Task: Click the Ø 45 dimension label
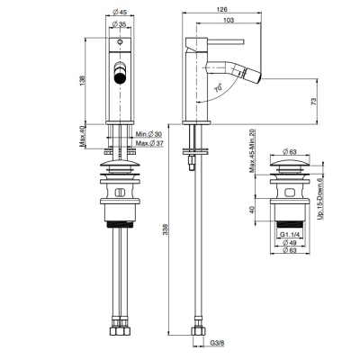tap(120, 13)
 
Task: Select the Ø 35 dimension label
tap(120, 24)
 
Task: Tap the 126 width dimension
tap(221, 10)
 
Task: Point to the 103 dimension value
tap(229, 20)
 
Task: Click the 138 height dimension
tap(83, 80)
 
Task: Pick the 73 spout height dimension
tap(314, 101)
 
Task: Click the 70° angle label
tap(219, 88)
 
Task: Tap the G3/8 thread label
tap(217, 343)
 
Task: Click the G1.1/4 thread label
tap(290, 234)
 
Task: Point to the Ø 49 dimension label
tap(290, 242)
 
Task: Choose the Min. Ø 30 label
tap(148, 134)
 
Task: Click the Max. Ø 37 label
tap(149, 143)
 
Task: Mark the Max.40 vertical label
tap(83, 136)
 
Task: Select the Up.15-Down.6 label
tap(319, 199)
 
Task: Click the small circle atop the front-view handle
tap(120, 41)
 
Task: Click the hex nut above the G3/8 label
tap(199, 330)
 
